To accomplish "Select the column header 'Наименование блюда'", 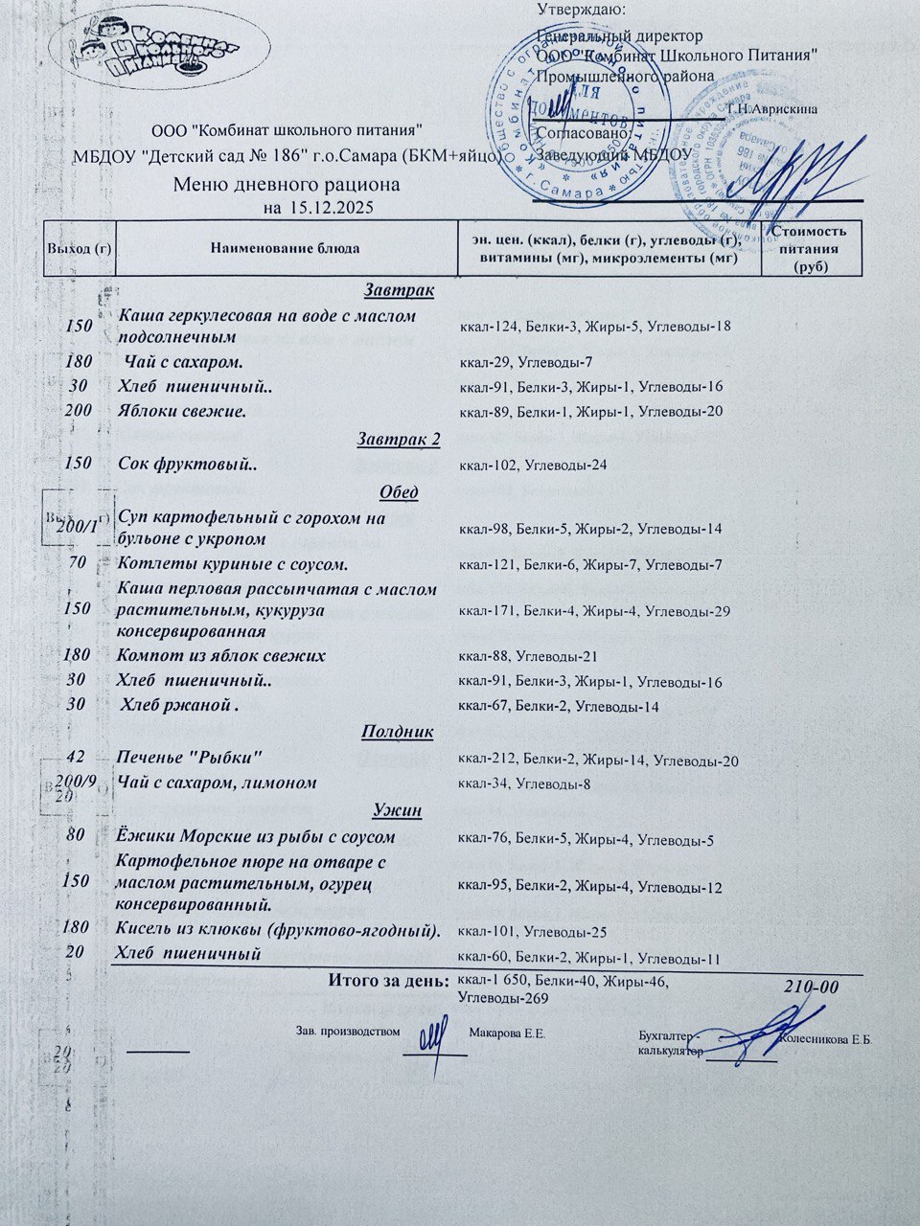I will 285,249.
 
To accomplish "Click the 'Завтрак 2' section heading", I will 399,440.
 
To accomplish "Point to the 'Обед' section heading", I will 399,492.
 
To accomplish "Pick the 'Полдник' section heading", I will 398,732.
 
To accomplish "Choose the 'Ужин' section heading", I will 400,810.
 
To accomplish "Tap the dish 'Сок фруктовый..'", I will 189,464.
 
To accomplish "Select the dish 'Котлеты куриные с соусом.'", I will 232,563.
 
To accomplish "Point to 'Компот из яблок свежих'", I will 220,656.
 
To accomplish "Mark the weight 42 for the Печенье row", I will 79,758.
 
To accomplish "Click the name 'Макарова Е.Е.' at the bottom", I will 508,1033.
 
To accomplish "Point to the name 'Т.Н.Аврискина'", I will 772,109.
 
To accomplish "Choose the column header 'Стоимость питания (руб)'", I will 810,249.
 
